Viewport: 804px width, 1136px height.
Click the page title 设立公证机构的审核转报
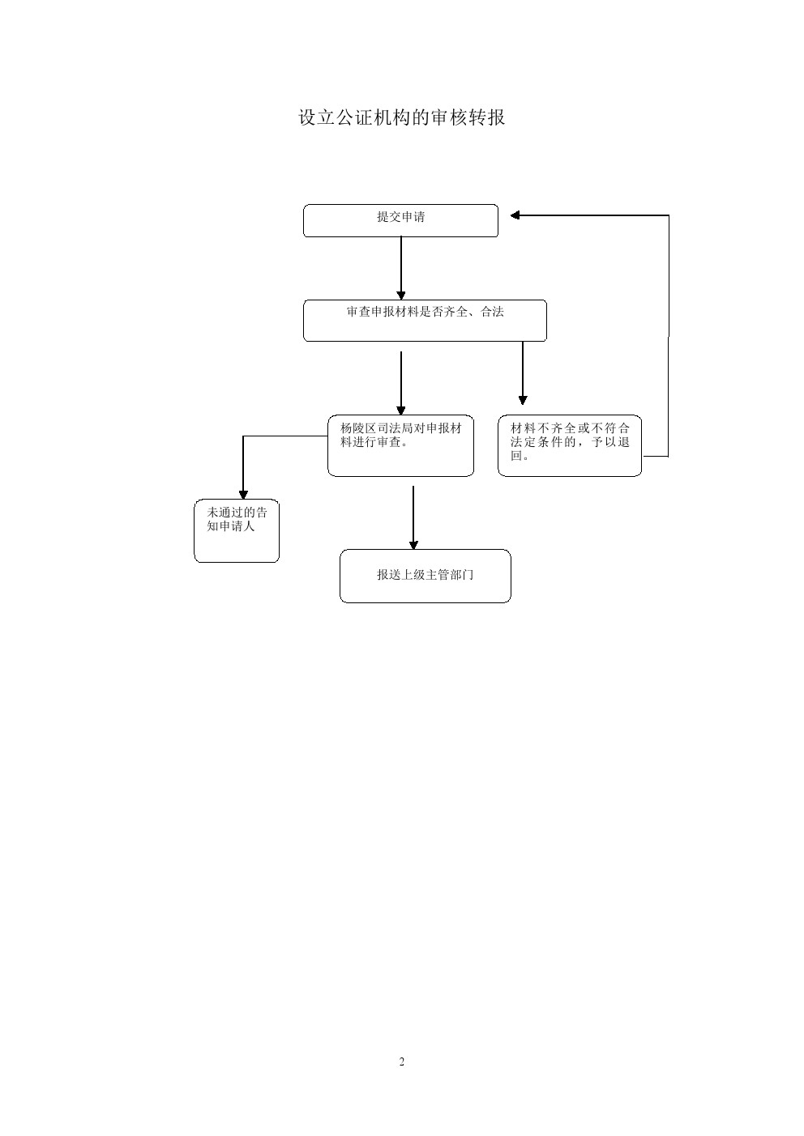pos(401,117)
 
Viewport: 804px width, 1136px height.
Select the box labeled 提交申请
pos(400,220)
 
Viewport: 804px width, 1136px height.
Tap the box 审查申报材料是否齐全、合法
pos(425,321)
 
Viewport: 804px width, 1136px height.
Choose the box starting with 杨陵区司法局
pos(400,446)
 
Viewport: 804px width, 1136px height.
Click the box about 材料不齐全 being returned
pos(570,446)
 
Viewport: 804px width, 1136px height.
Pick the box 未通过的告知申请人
pos(237,530)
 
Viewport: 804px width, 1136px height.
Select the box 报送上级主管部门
pos(426,577)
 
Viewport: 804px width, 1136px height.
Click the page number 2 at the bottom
pos(402,1062)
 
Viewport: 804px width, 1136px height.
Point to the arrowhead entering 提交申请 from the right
pos(515,215)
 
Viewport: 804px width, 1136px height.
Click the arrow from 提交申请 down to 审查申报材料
pos(401,268)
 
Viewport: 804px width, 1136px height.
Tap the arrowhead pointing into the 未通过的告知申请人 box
pos(243,495)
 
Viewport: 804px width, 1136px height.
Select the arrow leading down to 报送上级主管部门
pos(413,517)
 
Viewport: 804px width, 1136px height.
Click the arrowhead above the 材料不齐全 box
pos(523,400)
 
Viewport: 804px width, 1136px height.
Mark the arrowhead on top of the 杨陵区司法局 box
pos(401,411)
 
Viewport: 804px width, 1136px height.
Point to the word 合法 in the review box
pos(492,312)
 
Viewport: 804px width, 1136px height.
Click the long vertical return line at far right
pos(669,336)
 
